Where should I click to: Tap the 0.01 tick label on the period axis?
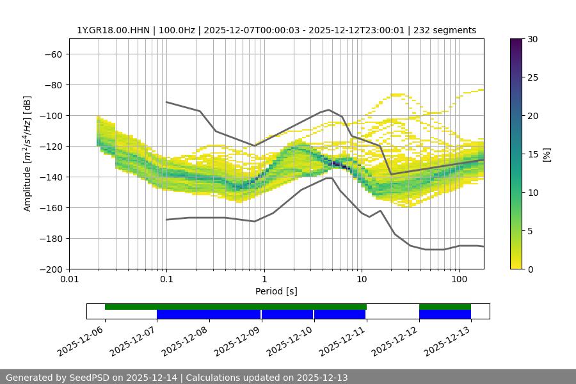click(69, 280)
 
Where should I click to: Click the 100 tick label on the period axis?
click(459, 280)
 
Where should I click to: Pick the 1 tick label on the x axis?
click(264, 280)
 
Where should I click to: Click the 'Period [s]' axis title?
click(276, 291)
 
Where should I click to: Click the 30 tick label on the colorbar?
click(532, 39)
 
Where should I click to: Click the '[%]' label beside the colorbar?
click(547, 154)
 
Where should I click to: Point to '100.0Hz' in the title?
click(177, 30)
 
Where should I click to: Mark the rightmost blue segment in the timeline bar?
click(445, 314)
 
